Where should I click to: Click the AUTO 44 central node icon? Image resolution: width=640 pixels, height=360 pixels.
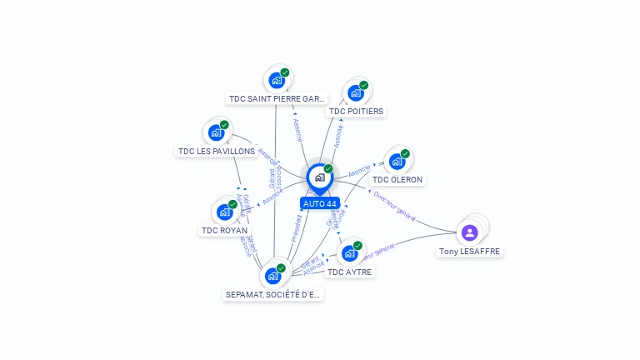coord(319,177)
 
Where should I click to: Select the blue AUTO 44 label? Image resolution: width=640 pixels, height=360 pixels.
coord(320,203)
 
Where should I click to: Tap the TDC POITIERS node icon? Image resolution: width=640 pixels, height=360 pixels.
coord(356,92)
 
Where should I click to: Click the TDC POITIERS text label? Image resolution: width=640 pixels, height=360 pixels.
coord(357,111)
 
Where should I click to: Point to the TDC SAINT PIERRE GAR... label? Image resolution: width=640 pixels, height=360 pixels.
coord(277,98)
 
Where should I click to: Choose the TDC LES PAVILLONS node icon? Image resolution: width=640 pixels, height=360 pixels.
coord(216,132)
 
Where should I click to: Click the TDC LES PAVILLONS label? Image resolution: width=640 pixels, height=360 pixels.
coord(217,151)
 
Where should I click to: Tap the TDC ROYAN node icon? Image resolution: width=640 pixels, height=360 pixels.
coord(224,212)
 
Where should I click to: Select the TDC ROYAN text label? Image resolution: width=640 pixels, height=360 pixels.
coord(224,230)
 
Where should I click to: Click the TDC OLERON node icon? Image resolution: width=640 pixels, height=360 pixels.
coord(397,162)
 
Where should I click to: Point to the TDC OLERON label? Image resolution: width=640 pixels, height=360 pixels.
coord(397,179)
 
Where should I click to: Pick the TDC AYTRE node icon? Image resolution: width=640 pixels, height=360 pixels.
coord(349,253)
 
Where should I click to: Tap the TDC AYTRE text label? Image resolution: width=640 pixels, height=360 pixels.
coord(350,272)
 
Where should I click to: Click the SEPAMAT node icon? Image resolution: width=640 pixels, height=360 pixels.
coord(272,276)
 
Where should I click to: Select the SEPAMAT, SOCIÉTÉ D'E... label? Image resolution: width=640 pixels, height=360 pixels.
coord(273,294)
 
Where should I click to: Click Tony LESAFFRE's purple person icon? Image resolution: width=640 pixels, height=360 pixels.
coord(469,232)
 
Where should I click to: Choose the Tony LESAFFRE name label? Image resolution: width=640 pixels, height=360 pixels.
coord(471,251)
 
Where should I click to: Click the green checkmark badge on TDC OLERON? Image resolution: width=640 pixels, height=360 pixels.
coord(405,153)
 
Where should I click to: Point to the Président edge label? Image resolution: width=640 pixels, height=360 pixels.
coord(297,227)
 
